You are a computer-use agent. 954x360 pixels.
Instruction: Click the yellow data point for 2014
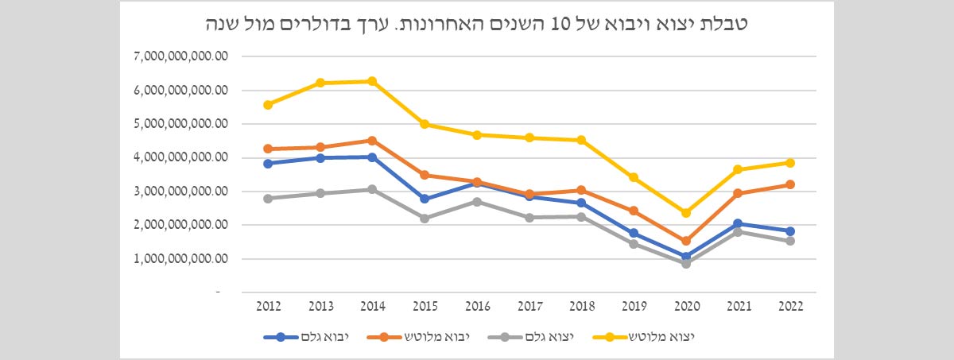click(x=372, y=81)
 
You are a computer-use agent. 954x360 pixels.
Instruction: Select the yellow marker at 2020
click(x=686, y=212)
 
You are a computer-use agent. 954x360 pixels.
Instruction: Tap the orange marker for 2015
click(x=425, y=175)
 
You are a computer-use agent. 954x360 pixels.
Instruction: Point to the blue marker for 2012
click(x=268, y=164)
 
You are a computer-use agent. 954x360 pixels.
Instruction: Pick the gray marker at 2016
click(x=477, y=202)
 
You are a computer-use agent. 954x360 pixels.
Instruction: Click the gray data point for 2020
click(x=686, y=263)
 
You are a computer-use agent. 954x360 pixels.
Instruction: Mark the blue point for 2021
click(x=739, y=224)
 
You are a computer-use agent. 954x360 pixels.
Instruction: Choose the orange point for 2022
click(x=790, y=184)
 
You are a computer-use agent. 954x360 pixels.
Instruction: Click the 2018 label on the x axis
click(x=581, y=306)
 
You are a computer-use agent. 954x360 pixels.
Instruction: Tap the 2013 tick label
click(x=320, y=306)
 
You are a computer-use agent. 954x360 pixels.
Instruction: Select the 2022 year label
click(x=790, y=306)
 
